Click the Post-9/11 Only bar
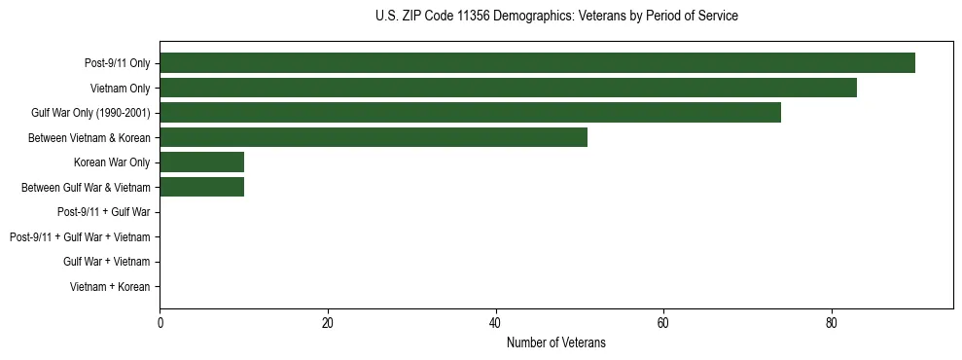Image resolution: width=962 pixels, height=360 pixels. [537, 63]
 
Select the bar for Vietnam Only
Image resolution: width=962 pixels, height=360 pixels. [508, 88]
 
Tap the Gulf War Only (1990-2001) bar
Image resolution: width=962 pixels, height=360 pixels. [470, 113]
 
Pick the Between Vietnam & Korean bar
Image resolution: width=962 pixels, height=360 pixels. [374, 137]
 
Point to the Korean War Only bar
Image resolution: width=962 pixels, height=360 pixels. [201, 162]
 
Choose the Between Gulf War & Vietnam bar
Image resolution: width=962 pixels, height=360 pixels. [201, 187]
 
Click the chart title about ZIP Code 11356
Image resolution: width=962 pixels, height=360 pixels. [556, 17]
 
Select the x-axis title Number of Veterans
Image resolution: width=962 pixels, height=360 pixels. [556, 342]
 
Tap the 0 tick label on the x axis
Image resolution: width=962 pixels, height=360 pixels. [160, 324]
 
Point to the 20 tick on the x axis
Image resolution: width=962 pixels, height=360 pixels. [328, 324]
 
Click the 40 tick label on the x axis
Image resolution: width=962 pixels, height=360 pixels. [495, 324]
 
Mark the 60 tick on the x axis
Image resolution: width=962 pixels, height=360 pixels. [663, 324]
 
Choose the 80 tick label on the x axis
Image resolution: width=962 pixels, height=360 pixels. [831, 324]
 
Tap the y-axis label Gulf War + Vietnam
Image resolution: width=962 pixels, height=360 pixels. [107, 262]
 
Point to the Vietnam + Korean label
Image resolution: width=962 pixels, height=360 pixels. [110, 287]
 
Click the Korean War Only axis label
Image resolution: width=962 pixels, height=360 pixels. [112, 162]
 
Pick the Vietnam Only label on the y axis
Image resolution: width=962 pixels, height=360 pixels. [121, 89]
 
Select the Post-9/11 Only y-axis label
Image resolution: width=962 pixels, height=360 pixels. [118, 63]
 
